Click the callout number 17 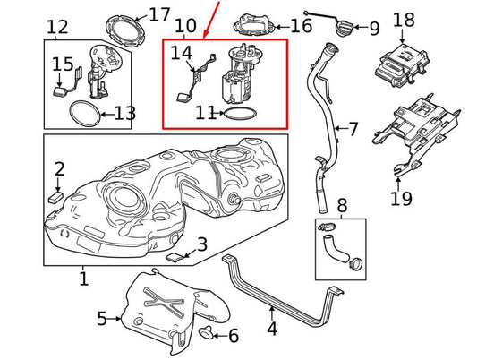tap(159, 14)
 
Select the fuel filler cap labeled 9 tap(344, 27)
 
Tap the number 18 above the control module tap(404, 20)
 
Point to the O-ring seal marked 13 tap(85, 114)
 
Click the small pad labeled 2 tap(56, 196)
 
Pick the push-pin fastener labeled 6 tap(205, 332)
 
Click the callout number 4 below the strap tap(272, 329)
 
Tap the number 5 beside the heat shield tap(102, 319)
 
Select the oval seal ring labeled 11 tap(240, 113)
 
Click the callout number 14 tap(182, 53)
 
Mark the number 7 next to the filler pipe tap(353, 129)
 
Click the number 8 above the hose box tap(342, 205)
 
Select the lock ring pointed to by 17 tap(125, 30)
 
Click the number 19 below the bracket tap(401, 198)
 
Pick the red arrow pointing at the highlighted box tap(211, 20)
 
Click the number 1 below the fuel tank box tap(83, 279)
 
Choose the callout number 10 tap(185, 26)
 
